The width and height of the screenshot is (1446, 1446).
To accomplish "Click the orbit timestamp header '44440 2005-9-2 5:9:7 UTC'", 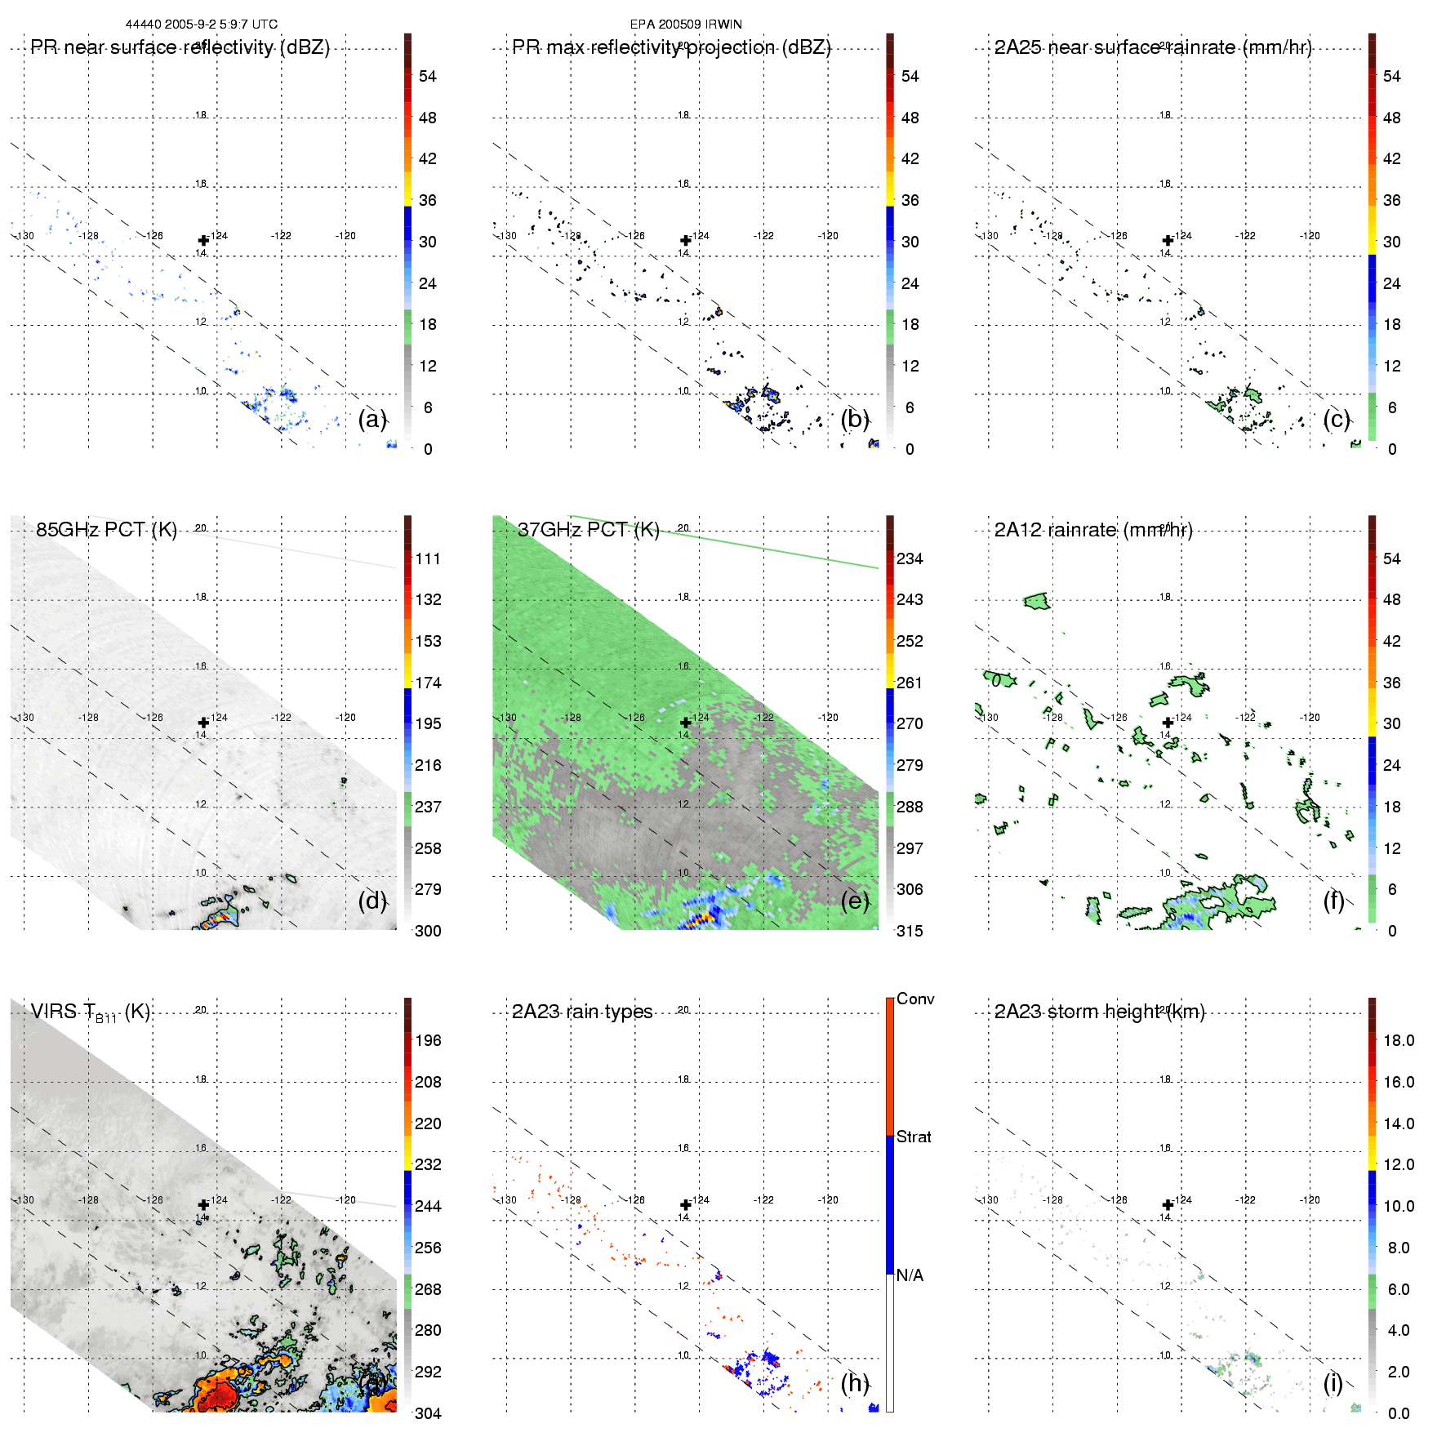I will click(202, 24).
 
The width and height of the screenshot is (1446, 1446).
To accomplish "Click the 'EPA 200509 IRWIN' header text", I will click(686, 24).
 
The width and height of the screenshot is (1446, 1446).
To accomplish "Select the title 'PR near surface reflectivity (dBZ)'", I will click(180, 47).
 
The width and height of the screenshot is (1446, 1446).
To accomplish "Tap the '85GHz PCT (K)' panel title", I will click(106, 529).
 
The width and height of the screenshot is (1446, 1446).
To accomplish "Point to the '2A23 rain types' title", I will click(582, 1012).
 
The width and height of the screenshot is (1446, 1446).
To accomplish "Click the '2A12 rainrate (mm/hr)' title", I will click(1093, 530).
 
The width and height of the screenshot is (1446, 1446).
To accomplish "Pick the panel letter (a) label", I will click(372, 420).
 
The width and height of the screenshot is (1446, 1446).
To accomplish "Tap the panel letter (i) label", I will click(1333, 1383).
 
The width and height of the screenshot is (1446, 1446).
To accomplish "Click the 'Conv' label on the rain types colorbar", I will click(915, 999).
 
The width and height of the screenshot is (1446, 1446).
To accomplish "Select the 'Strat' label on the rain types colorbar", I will click(914, 1137).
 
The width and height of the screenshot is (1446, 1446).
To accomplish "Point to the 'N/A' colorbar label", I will click(910, 1275).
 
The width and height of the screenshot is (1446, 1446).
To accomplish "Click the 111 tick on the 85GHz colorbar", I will click(428, 559).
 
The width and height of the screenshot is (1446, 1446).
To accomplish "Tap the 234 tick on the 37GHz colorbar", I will click(910, 559).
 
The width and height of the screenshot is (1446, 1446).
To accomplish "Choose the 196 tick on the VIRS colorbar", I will click(428, 1041).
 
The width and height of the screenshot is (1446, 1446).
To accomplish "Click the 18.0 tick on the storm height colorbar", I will click(1399, 1041).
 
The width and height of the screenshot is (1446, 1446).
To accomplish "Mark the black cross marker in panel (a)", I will click(203, 241).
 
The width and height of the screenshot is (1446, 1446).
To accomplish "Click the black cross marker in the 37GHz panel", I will click(686, 723).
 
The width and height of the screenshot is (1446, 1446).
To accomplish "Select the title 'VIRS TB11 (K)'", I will click(90, 1012).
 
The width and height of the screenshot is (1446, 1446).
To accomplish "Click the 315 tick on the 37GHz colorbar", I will click(910, 932).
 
